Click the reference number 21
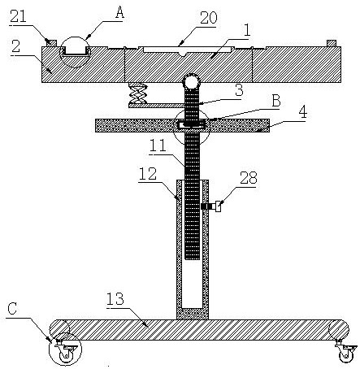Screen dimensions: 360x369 (19, 16)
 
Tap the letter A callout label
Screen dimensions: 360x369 (119, 12)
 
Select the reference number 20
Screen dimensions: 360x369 (209, 18)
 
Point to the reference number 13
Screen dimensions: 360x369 (115, 299)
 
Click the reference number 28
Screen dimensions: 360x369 (249, 178)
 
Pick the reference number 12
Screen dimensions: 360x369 (148, 174)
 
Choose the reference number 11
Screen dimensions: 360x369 (158, 145)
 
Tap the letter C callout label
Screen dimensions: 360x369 (12, 309)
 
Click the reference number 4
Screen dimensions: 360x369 (303, 113)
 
